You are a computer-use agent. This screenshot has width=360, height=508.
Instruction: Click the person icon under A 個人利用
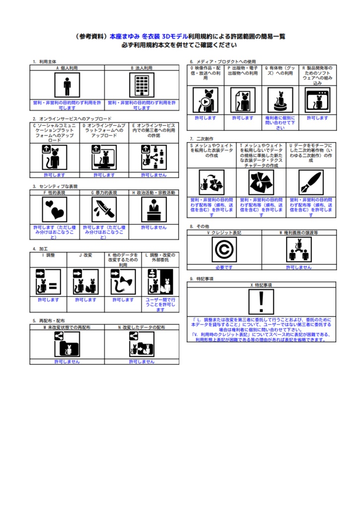click(67, 86)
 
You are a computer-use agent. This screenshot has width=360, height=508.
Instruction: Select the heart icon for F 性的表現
click(55, 210)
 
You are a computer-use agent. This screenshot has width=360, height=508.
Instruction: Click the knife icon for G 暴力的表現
click(104, 210)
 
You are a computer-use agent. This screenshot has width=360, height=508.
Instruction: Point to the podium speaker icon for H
click(154, 210)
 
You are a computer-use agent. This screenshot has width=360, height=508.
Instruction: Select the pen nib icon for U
click(311, 183)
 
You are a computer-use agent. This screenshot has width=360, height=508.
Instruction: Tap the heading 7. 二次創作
click(202, 139)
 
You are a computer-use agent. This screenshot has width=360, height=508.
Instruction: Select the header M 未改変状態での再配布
click(67, 327)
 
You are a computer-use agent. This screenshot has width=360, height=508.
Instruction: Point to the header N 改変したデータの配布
click(142, 327)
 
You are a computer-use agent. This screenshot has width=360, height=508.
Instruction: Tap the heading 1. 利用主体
click(44, 62)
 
